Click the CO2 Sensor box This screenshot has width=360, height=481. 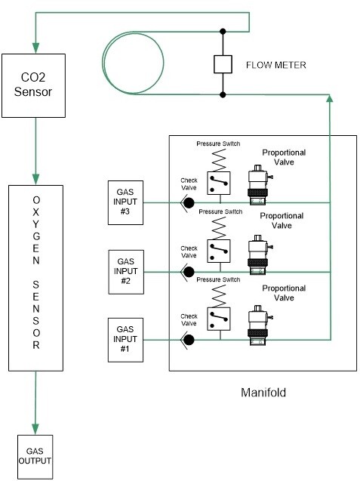tap(33, 85)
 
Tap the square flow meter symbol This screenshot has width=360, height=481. tap(223, 64)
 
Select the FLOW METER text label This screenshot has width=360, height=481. tap(276, 65)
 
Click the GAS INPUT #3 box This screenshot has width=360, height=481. tap(125, 202)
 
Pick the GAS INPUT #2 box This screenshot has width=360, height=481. tap(126, 272)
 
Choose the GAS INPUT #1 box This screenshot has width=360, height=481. tap(125, 340)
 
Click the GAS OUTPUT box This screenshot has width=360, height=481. tap(35, 457)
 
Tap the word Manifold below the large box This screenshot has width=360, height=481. tap(263, 393)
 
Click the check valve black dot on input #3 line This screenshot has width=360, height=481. tap(189, 203)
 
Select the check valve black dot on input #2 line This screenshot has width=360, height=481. tap(189, 272)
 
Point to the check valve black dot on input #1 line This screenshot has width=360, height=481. tap(189, 340)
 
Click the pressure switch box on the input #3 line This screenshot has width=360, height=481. tap(219, 183)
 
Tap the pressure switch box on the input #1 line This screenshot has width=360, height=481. tap(219, 319)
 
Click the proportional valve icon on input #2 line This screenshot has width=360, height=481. tap(258, 254)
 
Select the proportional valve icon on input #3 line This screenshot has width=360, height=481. tap(258, 185)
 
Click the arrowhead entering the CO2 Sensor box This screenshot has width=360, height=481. tap(36, 48)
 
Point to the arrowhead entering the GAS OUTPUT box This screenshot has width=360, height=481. tap(35, 430)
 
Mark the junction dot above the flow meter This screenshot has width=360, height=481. tap(223, 31)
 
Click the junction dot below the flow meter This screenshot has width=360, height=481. tap(223, 95)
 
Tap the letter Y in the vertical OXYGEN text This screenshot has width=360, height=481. tap(36, 224)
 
